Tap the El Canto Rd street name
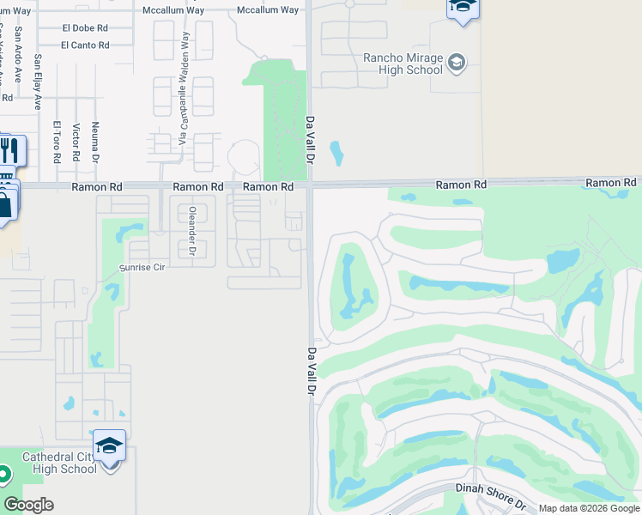[86, 45]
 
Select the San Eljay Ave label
[38, 83]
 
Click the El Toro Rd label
[57, 142]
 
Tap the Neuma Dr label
[96, 142]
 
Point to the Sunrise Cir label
[141, 268]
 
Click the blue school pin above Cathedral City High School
[109, 446]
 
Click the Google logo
[28, 505]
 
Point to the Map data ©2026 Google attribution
[588, 508]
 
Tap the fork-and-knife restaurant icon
[10, 152]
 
